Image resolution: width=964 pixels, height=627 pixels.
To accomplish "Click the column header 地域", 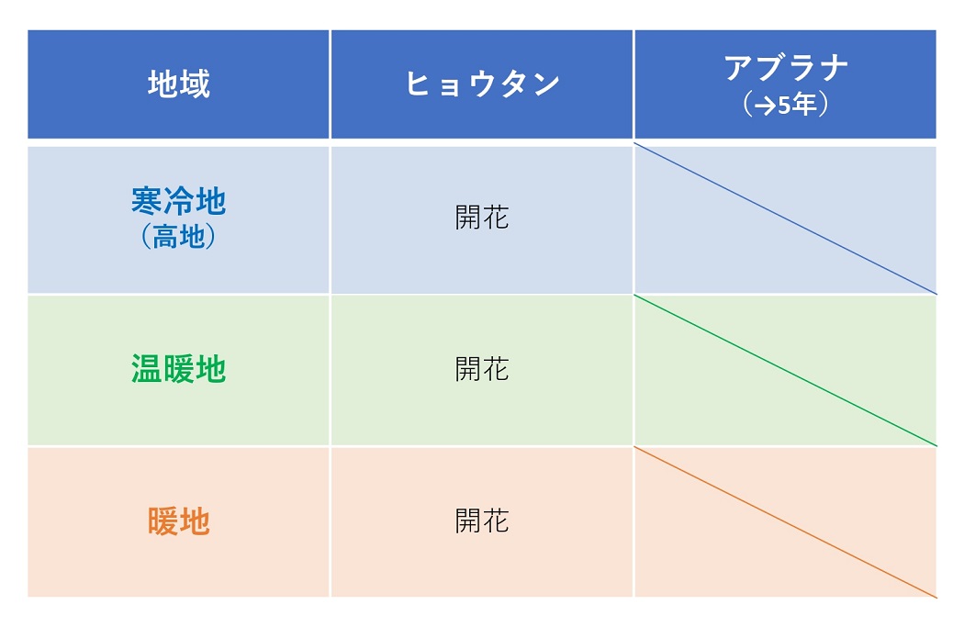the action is click(179, 84).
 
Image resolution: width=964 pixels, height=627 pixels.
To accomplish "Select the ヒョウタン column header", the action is click(483, 84).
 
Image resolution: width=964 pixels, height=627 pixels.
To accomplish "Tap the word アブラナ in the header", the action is click(786, 67).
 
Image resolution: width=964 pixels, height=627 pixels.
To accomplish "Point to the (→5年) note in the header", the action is click(786, 105).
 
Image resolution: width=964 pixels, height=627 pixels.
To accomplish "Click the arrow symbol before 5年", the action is click(766, 106).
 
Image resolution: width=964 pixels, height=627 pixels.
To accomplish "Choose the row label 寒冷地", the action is click(179, 201).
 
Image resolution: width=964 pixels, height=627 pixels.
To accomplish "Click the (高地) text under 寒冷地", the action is click(179, 236).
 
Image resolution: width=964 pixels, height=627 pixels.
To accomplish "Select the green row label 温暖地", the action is click(179, 369).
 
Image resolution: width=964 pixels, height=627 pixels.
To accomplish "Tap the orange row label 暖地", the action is click(179, 521).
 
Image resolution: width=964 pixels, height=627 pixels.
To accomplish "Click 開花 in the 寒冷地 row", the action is click(482, 218).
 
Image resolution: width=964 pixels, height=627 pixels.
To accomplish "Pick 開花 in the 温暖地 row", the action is click(482, 369).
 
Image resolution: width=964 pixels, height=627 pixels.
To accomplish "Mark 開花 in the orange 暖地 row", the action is click(482, 521).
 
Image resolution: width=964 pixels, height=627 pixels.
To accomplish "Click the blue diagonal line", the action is click(785, 218).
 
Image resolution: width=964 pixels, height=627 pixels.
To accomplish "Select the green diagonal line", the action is click(785, 371).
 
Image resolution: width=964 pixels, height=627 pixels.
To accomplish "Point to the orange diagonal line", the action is click(785, 522).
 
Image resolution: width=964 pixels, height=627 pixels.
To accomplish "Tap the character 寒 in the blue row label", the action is click(147, 201).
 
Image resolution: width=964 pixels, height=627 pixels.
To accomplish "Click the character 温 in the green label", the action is click(147, 369).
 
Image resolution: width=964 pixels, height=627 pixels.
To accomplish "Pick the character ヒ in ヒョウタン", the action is click(418, 84).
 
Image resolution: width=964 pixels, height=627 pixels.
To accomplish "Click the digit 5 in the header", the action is click(784, 106).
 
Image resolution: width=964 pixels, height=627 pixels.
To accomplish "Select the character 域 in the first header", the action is click(195, 84).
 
